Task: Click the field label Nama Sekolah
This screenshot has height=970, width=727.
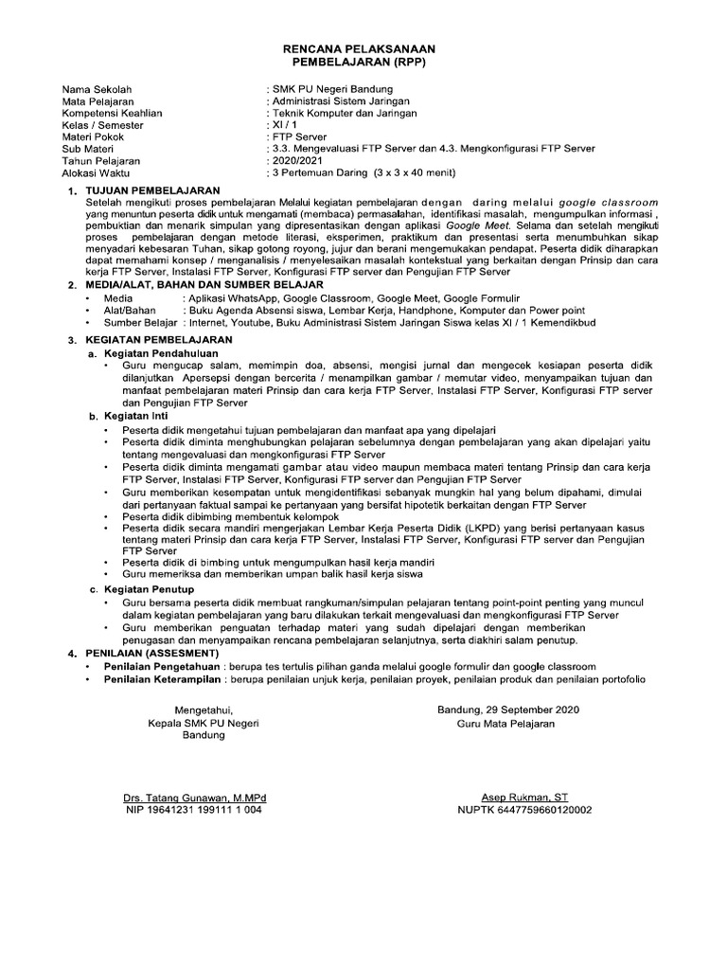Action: (x=96, y=90)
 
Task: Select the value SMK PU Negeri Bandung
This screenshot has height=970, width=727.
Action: (x=326, y=90)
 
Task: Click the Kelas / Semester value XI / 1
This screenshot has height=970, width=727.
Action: (x=283, y=125)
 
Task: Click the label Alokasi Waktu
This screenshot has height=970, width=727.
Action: (x=97, y=172)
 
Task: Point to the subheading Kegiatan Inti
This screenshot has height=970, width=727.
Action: (x=135, y=416)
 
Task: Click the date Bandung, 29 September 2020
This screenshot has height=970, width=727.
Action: (x=507, y=710)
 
